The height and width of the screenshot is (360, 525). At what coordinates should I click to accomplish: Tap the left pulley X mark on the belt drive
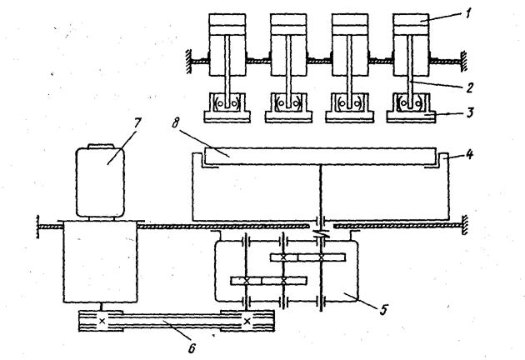(101, 320)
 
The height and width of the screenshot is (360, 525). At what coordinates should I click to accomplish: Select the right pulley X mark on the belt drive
(248, 319)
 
